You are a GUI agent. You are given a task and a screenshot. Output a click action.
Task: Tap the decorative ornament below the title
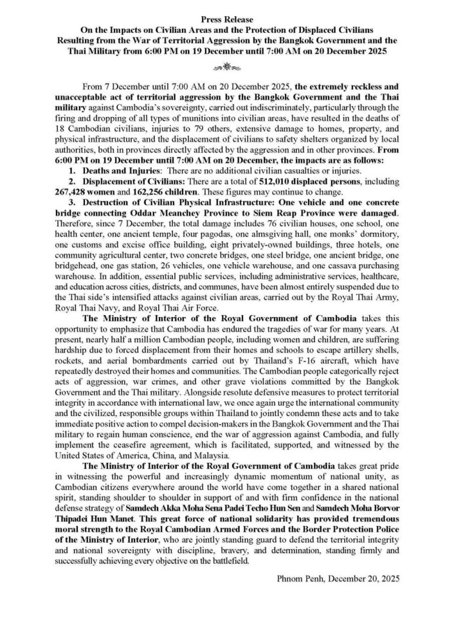coord(227,66)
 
